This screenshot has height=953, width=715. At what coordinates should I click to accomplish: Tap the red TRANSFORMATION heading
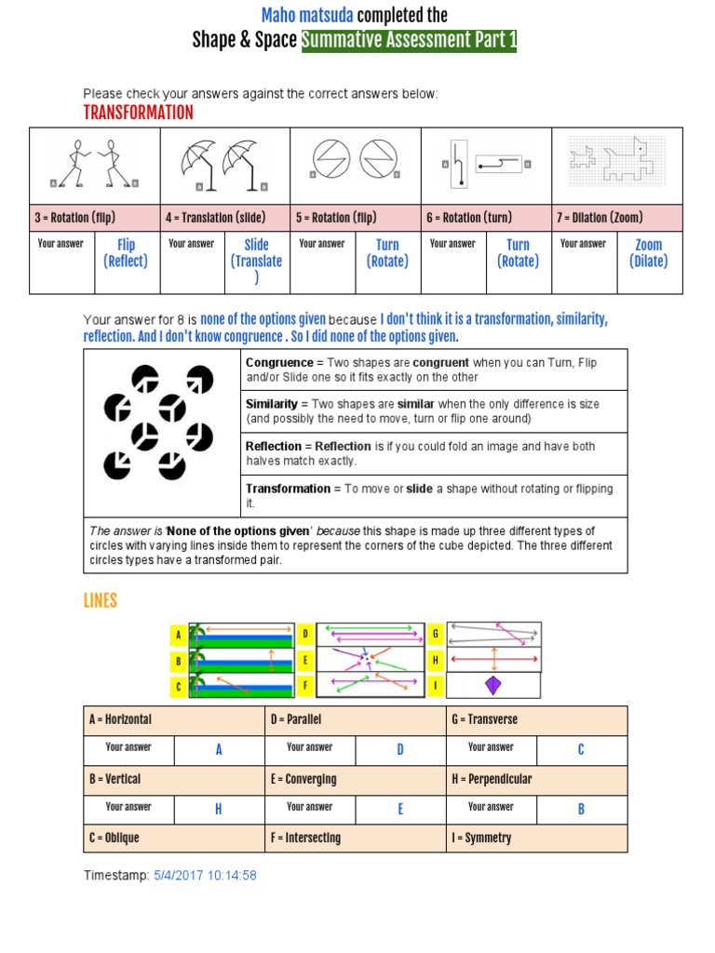click(139, 113)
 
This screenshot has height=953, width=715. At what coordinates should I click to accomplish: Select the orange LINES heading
click(101, 601)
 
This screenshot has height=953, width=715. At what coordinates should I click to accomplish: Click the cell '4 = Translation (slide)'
click(224, 218)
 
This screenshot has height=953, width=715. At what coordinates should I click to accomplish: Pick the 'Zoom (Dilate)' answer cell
click(648, 253)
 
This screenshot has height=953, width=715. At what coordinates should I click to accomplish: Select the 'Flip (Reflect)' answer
click(126, 253)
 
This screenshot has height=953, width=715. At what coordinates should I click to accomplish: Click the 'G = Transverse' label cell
click(536, 720)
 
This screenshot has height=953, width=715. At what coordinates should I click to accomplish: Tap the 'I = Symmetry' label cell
click(536, 839)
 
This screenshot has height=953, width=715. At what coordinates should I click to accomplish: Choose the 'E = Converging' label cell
click(355, 779)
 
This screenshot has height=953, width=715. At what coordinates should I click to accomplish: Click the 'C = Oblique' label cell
click(173, 839)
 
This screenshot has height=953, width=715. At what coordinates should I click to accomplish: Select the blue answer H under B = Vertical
click(219, 810)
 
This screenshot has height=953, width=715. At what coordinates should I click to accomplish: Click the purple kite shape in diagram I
click(493, 685)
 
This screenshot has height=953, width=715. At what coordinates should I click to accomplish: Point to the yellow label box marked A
click(177, 636)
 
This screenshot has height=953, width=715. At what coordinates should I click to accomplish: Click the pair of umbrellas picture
click(224, 166)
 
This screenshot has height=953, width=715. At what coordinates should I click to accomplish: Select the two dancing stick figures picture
click(95, 165)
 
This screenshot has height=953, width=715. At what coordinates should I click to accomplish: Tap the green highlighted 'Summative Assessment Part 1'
click(409, 40)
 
